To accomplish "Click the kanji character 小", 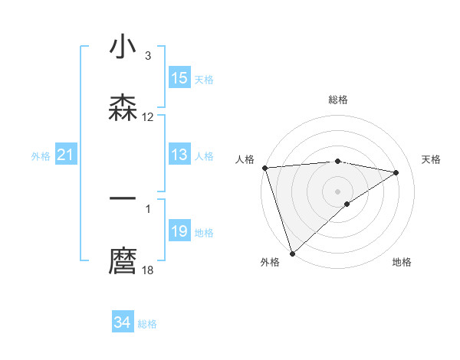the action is click(x=123, y=47).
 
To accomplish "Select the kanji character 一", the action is click(x=123, y=198).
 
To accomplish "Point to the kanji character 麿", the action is click(x=123, y=261).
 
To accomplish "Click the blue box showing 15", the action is click(x=179, y=78).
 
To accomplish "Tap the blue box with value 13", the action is click(x=179, y=155).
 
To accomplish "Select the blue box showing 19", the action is click(x=179, y=231).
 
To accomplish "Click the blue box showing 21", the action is click(x=66, y=155).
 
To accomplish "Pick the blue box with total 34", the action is click(x=123, y=322).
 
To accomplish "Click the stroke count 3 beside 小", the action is click(x=147, y=56).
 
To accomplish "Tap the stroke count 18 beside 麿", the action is click(x=148, y=270).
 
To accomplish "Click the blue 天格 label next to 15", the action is click(x=204, y=79).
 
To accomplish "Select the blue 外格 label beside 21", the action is click(x=41, y=156).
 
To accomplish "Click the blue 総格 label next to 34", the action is click(x=147, y=324).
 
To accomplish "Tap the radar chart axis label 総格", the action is click(x=338, y=100).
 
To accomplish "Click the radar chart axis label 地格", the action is click(x=402, y=262).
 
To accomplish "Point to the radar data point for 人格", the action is click(x=264, y=168).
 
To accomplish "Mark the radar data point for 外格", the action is click(x=292, y=253).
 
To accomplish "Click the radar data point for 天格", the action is click(x=396, y=172).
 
